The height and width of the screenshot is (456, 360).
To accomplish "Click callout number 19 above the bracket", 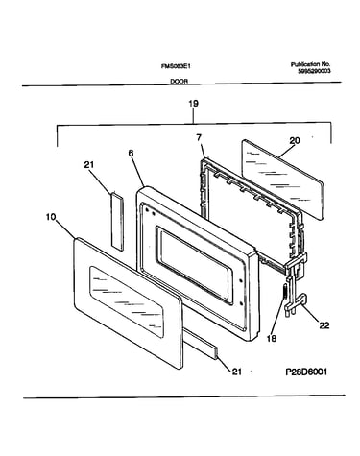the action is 193,104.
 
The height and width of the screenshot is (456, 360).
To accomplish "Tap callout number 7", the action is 199,138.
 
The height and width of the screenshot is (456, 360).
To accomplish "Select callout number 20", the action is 295,140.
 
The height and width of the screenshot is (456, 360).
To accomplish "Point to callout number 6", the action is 131,154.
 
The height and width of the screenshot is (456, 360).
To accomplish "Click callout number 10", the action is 51,217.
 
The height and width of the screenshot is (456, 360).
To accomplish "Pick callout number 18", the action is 272,338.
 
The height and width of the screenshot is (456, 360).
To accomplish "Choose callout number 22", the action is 324,325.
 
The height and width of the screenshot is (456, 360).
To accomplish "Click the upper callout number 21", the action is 89,165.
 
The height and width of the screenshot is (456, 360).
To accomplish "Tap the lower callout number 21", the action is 236,372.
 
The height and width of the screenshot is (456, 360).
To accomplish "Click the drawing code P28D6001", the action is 306,372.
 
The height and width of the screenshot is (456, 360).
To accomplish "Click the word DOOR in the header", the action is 179,82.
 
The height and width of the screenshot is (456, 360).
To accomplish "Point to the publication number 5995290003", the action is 314,71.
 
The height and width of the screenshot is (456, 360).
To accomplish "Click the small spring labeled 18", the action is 284,292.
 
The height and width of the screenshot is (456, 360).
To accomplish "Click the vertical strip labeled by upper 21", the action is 117,221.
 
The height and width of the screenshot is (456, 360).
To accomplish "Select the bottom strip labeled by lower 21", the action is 201,346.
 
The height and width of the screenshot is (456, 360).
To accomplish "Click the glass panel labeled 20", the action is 282,180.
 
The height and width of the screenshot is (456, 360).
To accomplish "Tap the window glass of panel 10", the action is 127,301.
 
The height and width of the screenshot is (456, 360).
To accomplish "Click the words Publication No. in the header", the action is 310,64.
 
